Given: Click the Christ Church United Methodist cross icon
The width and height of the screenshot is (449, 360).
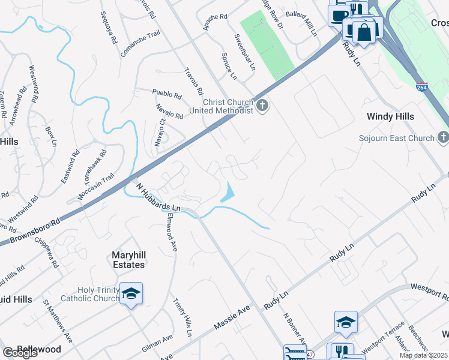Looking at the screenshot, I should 262,106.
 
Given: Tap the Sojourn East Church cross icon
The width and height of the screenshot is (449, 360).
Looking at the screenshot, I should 443,138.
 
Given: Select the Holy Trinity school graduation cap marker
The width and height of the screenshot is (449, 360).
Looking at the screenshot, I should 131,293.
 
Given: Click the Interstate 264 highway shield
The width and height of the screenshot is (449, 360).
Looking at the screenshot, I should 422,87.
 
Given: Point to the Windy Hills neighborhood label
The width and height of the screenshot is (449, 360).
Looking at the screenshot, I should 391,117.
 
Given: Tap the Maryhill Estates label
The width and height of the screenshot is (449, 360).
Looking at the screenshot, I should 128,260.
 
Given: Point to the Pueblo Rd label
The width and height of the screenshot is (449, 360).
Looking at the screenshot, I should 167,94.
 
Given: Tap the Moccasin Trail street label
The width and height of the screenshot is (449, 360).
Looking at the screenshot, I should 96,187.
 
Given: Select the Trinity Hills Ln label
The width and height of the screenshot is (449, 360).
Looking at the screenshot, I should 182,317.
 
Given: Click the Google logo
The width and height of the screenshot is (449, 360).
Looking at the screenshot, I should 20,353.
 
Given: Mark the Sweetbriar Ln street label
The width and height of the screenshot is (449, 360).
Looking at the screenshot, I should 244,53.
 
